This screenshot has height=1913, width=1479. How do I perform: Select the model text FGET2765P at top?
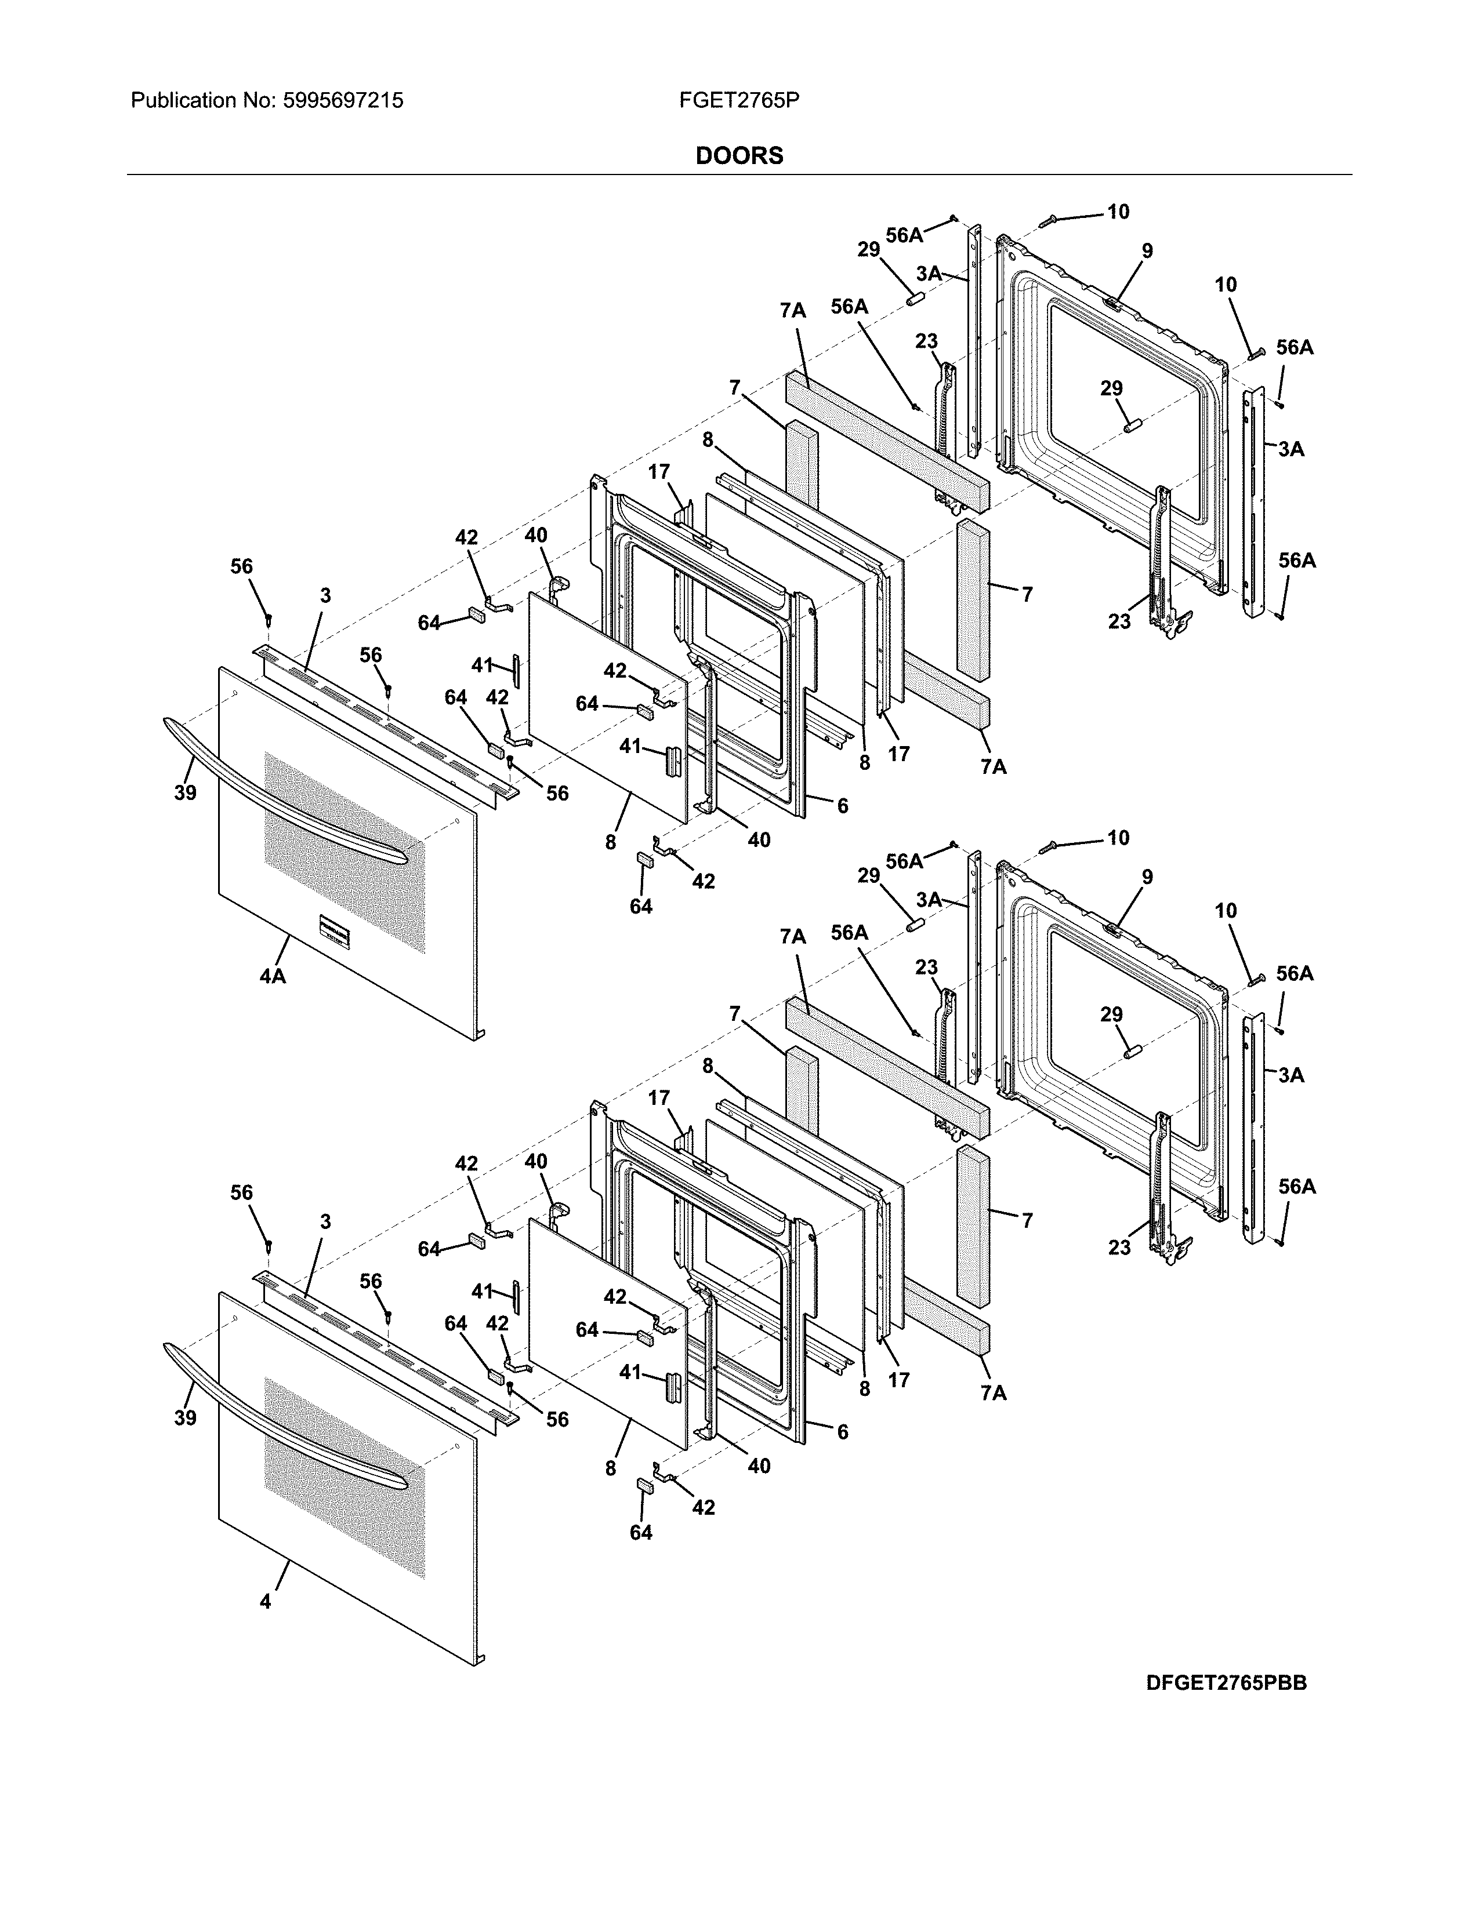pos(738,101)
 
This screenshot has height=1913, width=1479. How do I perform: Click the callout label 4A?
pos(273,975)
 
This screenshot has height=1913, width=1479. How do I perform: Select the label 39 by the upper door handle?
pos(185,792)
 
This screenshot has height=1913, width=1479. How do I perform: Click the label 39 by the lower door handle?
pos(185,1418)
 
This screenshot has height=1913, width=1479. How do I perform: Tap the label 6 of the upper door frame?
pos(842,806)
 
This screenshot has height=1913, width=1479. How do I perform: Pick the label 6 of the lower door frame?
pos(842,1432)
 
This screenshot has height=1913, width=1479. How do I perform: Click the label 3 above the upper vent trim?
pos(325,595)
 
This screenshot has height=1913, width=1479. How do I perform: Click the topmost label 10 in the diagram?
pos(1118,212)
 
